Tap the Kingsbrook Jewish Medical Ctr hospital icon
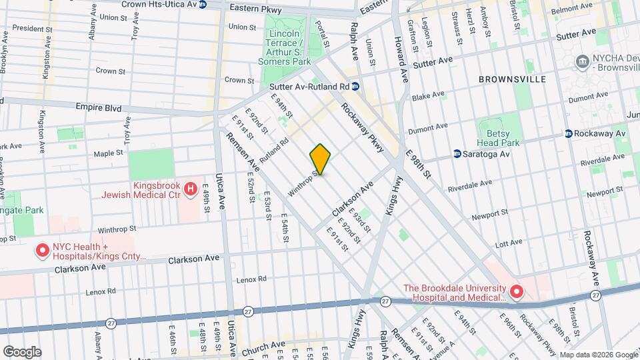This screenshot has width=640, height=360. (x=191, y=190)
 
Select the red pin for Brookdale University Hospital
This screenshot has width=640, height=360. (x=516, y=292)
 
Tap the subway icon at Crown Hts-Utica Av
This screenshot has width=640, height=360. (x=203, y=5)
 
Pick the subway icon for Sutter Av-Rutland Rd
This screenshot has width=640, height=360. (x=356, y=86)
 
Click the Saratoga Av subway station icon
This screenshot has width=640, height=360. (x=457, y=153)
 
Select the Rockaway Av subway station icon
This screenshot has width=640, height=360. (x=569, y=133)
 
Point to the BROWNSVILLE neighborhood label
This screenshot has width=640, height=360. (x=512, y=79)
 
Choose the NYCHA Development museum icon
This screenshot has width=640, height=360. (x=583, y=62)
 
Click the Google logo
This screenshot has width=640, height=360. (x=22, y=351)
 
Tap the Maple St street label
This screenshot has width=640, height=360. (x=109, y=153)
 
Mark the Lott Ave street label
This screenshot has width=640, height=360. (x=510, y=245)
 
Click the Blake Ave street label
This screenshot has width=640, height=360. (x=428, y=96)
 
